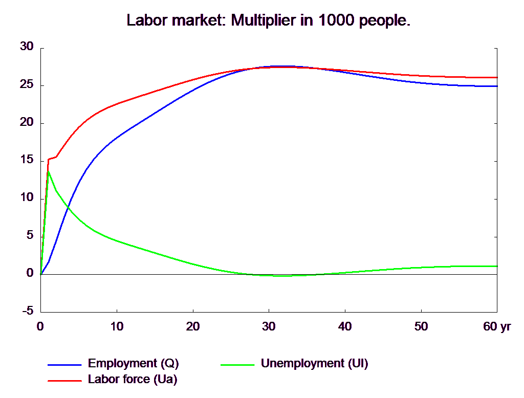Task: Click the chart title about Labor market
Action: [x=269, y=21]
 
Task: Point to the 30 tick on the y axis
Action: [x=26, y=46]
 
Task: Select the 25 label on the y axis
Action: [x=26, y=84]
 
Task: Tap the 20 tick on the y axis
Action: [x=26, y=122]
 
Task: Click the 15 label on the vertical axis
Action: [x=26, y=160]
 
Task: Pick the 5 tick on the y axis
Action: [x=29, y=235]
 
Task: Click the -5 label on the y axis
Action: [x=28, y=310]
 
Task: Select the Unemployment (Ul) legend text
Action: [x=314, y=364]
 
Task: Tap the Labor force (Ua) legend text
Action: [x=133, y=379]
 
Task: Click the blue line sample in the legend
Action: [x=65, y=365]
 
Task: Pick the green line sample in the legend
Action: [x=237, y=365]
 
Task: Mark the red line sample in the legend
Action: [x=65, y=380]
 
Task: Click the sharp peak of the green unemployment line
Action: [x=48, y=171]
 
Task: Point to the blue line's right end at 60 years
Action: [x=497, y=86]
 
